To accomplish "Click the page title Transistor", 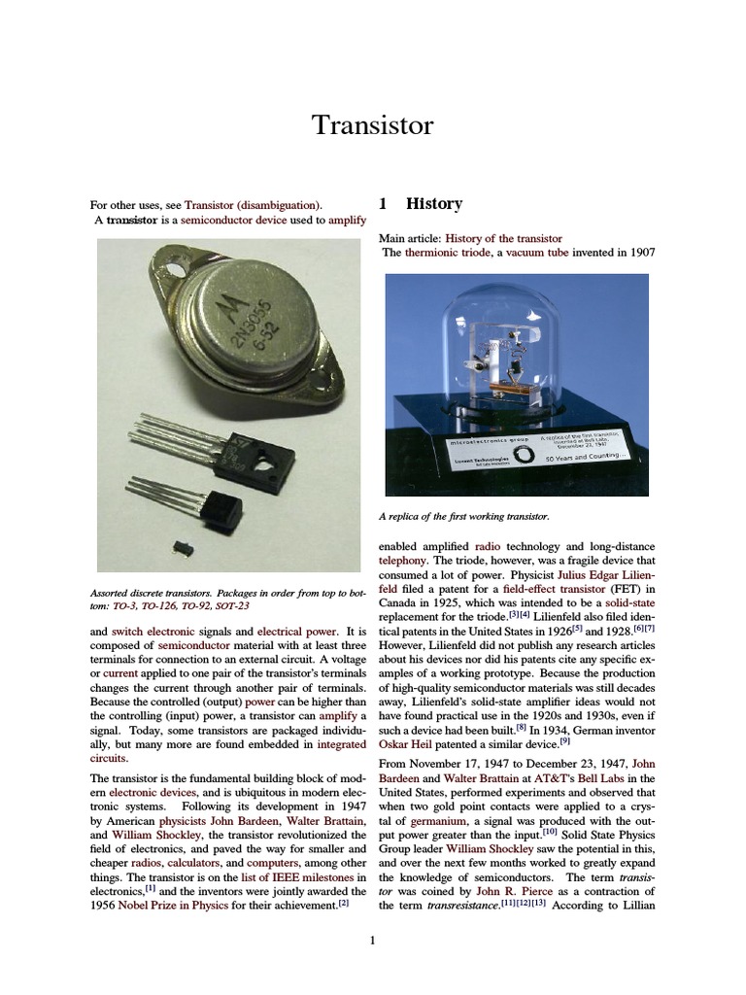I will (372, 125).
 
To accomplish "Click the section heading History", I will (433, 204).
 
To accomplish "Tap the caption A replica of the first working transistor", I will (467, 516).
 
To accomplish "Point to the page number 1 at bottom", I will (372, 940).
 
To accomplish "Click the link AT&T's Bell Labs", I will (579, 778).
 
